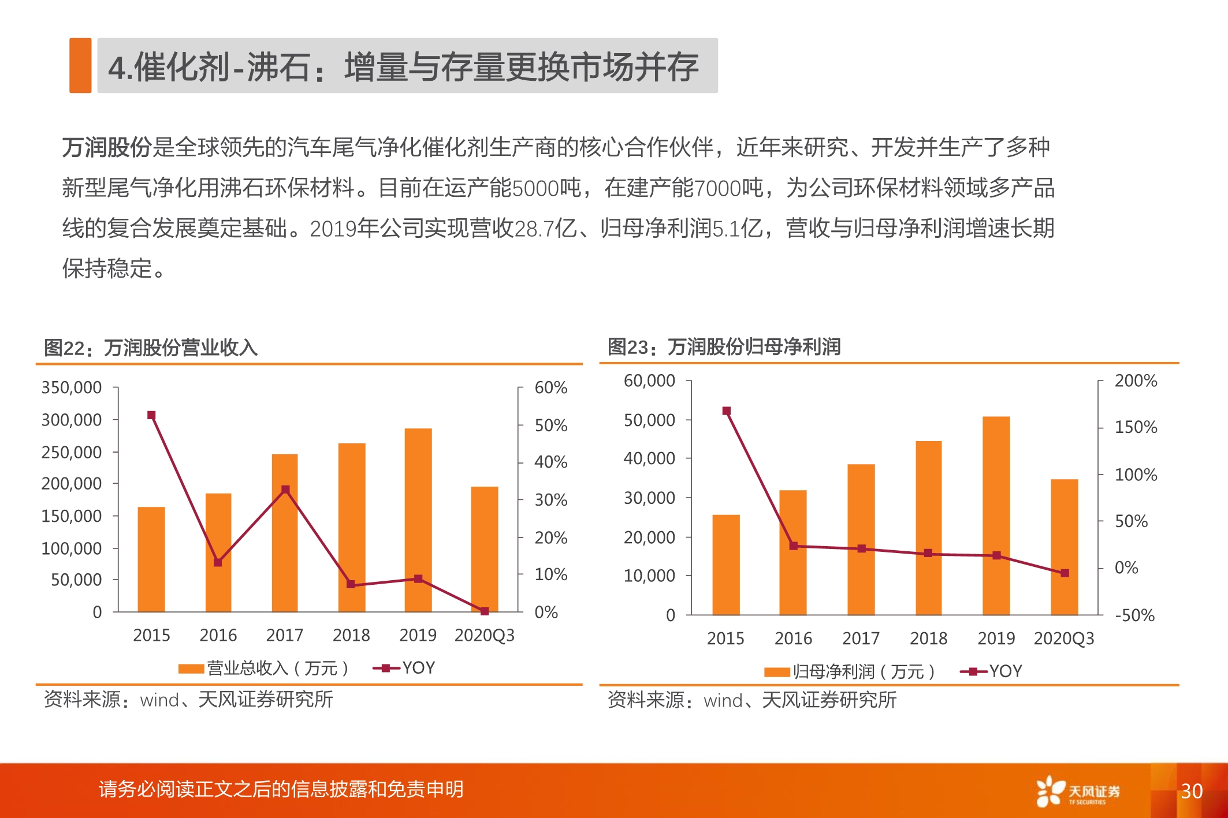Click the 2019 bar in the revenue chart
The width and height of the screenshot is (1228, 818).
click(x=418, y=520)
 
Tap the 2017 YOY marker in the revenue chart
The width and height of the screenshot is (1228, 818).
click(x=285, y=490)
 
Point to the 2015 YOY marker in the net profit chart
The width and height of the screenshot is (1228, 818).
click(x=727, y=411)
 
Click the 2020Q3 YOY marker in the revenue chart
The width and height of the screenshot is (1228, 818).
click(x=485, y=611)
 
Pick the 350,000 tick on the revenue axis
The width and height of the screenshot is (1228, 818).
click(x=71, y=387)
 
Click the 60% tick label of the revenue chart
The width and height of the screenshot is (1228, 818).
click(x=550, y=387)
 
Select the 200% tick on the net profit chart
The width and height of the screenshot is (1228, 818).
click(x=1136, y=381)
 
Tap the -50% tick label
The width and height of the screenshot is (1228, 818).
click(x=1134, y=615)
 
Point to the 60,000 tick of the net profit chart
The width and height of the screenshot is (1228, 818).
click(x=649, y=381)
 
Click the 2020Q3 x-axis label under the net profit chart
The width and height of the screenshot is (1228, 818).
click(x=1064, y=638)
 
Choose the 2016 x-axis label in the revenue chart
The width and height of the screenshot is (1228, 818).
click(x=218, y=636)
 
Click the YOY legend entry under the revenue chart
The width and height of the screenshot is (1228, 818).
click(x=405, y=668)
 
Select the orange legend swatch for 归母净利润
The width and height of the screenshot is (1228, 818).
click(x=777, y=672)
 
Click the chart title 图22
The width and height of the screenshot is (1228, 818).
click(x=151, y=348)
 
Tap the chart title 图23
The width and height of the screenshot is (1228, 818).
click(x=724, y=347)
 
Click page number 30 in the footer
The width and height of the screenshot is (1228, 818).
click(x=1192, y=791)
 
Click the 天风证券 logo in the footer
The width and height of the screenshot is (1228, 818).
click(x=1078, y=791)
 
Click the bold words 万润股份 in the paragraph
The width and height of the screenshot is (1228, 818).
click(x=107, y=147)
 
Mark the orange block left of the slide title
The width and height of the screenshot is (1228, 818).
click(x=80, y=65)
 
